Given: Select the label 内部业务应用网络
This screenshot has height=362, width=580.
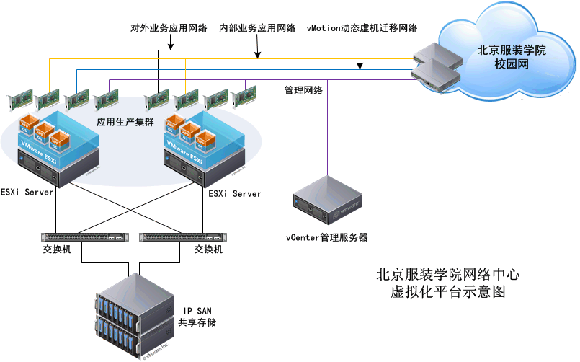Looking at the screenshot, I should tap(257, 29).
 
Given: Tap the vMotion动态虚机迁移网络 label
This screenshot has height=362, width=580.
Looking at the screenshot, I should tap(362, 29).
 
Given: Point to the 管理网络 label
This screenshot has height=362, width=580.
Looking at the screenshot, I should tap(303, 91).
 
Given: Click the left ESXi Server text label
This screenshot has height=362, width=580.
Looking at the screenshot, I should tap(29, 194).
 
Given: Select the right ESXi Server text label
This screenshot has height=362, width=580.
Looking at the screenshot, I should tap(235, 194).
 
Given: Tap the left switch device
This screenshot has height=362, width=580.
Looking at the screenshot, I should tap(83, 236).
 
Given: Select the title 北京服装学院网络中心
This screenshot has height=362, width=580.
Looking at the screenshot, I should tap(447, 275).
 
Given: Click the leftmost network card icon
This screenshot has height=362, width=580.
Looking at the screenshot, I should tap(19, 100).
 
